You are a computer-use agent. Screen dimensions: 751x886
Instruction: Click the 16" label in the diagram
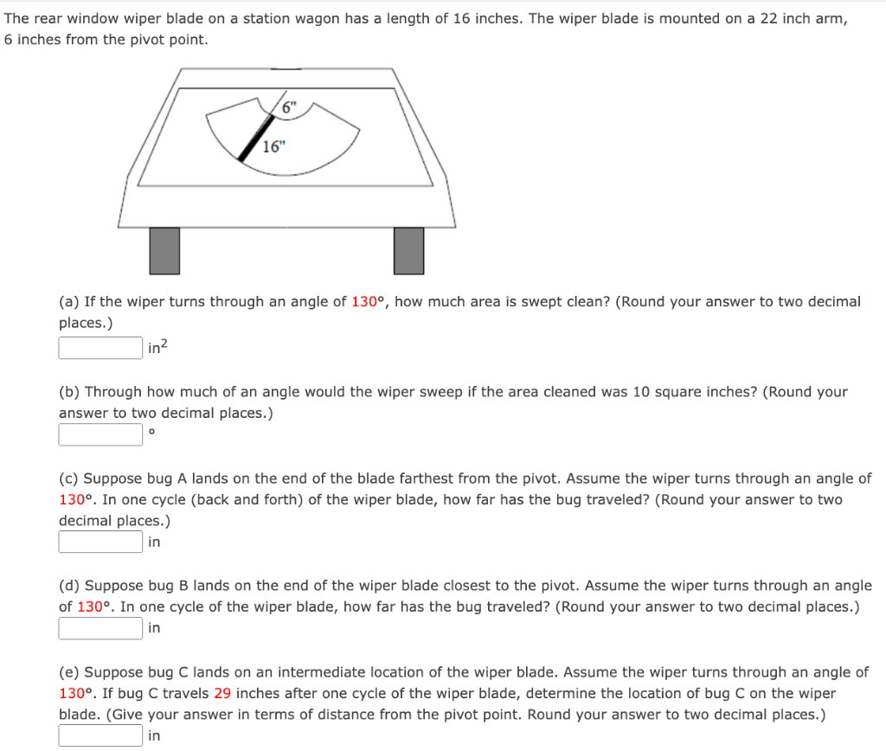[273, 146]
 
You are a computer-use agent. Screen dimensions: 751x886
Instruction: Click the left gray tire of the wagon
[164, 250]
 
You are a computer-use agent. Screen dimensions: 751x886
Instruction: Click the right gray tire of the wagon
[408, 250]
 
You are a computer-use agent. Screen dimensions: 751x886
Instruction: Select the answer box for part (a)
[100, 348]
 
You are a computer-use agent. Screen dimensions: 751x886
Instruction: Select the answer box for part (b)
[100, 434]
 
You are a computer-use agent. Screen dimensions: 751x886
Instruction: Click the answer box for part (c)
[100, 542]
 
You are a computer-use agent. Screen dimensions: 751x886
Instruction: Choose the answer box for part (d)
[100, 628]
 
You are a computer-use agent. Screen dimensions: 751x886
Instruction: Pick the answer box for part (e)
[100, 735]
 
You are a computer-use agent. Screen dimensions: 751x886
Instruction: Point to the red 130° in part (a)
[370, 302]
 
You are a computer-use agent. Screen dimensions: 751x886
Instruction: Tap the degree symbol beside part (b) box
[152, 431]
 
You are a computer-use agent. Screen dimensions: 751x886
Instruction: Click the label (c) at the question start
[68, 478]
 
